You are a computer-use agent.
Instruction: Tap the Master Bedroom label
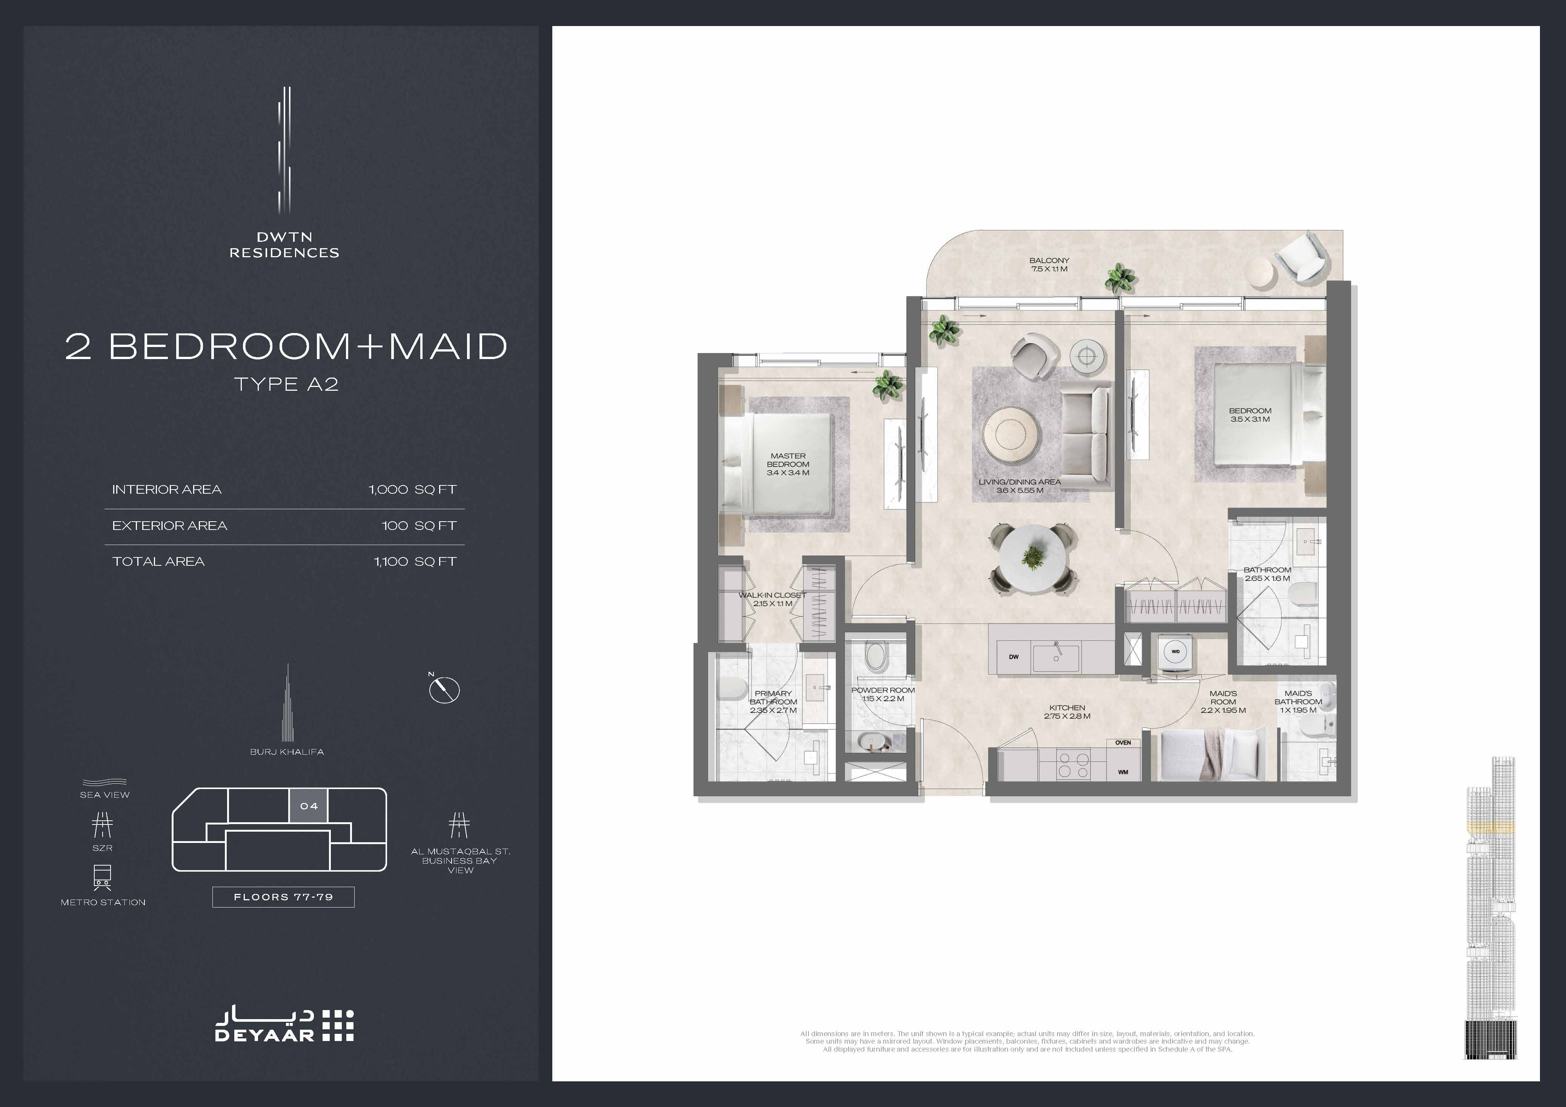tap(788, 464)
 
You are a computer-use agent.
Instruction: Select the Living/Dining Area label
tap(1020, 486)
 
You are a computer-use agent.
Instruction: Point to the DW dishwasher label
tap(1014, 657)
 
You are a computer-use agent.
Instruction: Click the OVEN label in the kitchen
tap(1123, 743)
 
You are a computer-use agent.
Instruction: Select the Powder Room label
tap(882, 694)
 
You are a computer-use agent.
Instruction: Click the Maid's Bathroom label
tap(1298, 701)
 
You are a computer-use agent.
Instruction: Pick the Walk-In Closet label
tap(773, 599)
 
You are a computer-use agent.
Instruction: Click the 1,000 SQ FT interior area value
tap(412, 489)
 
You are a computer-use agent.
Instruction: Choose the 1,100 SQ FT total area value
tap(415, 561)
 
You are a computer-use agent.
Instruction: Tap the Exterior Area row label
tap(169, 525)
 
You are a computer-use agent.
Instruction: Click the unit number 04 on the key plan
tap(309, 806)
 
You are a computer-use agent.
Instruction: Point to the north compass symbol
tap(444, 689)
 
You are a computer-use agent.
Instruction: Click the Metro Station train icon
tap(102, 878)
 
